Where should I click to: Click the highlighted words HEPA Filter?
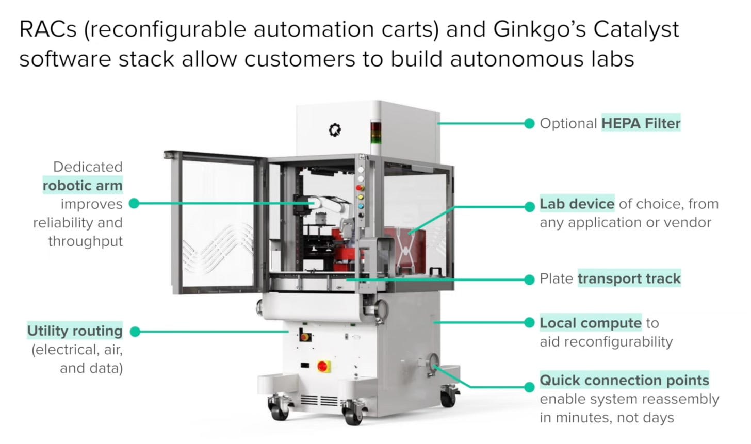click(x=641, y=124)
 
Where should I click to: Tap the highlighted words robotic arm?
click(x=83, y=186)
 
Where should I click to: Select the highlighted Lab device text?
click(x=577, y=204)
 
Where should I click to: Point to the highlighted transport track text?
click(x=629, y=279)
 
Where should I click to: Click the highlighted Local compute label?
click(x=590, y=323)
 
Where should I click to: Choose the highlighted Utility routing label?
click(x=75, y=331)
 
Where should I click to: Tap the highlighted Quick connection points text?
click(x=624, y=381)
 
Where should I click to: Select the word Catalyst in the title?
click(x=636, y=29)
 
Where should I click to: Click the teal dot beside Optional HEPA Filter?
click(x=529, y=124)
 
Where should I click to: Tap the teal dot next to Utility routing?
click(x=135, y=332)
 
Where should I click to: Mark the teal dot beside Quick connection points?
click(x=529, y=387)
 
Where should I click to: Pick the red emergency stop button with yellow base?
click(x=323, y=366)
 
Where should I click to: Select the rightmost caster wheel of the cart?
click(x=448, y=397)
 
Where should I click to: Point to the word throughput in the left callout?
click(x=85, y=241)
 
